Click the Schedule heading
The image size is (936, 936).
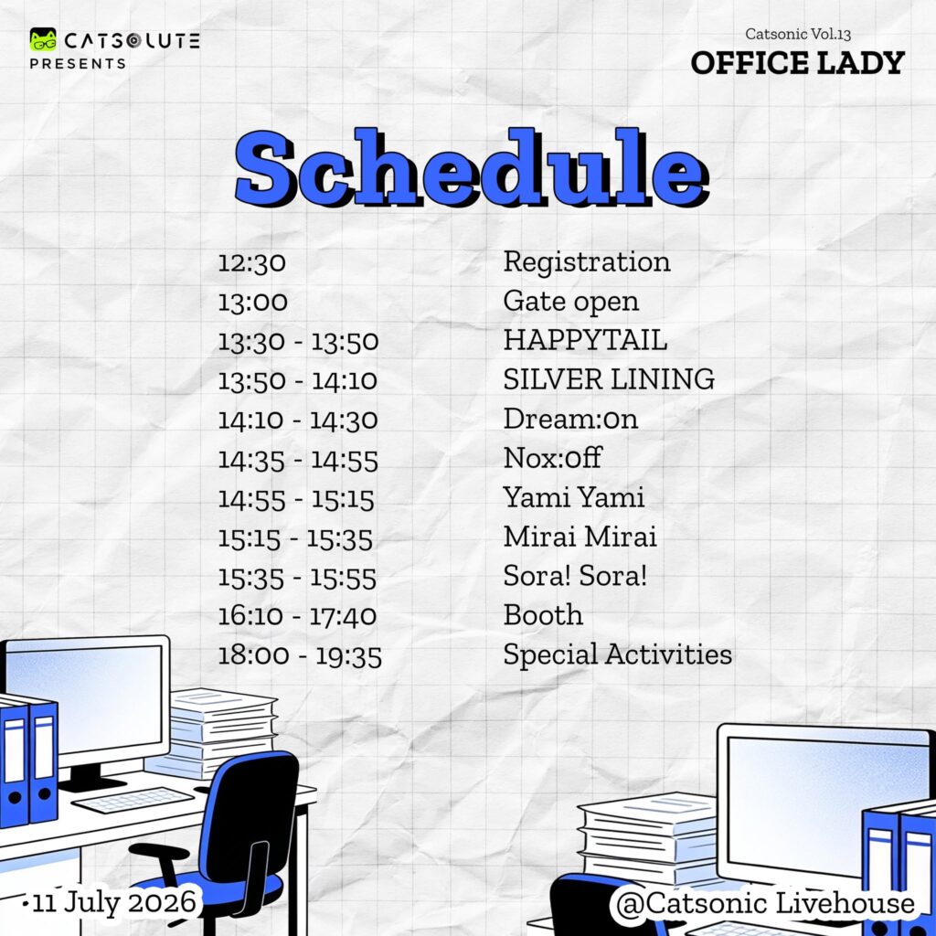point(472,168)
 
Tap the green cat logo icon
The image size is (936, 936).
point(43,39)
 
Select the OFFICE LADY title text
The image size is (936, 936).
point(797,63)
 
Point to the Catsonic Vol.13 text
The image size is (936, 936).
point(797,34)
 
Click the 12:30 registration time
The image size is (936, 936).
point(251,262)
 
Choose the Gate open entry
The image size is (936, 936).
point(570,302)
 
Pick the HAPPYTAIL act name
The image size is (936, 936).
point(585,340)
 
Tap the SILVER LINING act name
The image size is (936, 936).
point(609,379)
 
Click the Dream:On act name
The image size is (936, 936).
point(570,419)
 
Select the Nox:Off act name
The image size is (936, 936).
point(552,458)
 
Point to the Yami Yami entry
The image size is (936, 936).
point(574,497)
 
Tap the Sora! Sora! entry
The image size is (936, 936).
point(575,576)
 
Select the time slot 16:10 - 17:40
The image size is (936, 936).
point(297,616)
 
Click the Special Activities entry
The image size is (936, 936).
point(617,654)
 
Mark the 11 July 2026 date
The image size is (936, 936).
point(114,903)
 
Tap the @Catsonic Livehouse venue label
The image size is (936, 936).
point(765,903)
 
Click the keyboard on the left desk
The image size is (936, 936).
point(133,799)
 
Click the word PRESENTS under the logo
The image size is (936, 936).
point(78,64)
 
